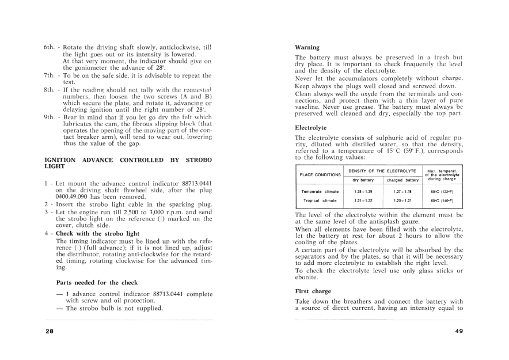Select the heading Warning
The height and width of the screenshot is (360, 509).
click(307, 47)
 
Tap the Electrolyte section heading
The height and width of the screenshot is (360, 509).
click(310, 127)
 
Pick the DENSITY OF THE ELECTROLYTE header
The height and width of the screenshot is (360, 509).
click(382, 171)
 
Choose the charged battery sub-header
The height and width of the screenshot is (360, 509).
click(401, 180)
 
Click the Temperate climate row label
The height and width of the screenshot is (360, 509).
click(320, 191)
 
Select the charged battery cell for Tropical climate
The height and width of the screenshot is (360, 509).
click(401, 200)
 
